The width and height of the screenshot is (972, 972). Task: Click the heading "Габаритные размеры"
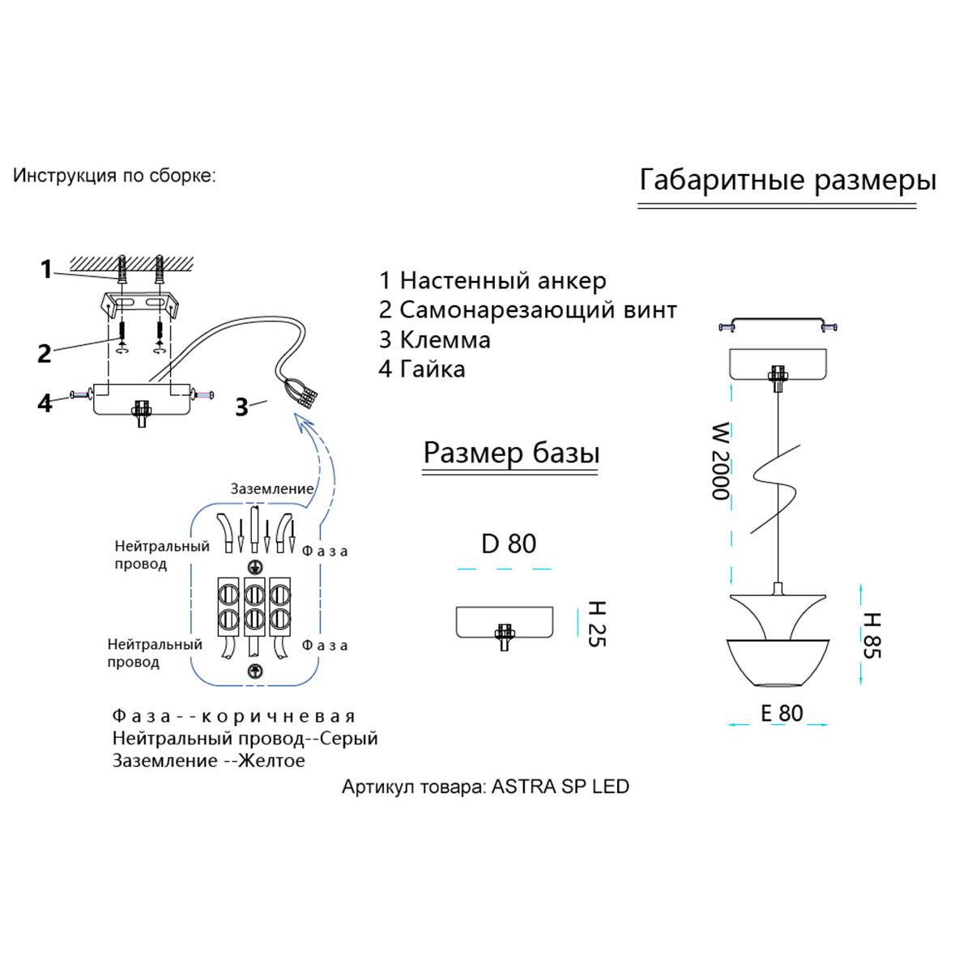pos(787,180)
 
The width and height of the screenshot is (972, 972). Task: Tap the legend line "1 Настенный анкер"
pos(492,281)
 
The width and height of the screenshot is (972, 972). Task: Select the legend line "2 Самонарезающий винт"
pos(527,310)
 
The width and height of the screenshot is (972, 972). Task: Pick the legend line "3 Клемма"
pos(434,339)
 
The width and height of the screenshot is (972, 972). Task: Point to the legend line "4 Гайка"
pos(421,369)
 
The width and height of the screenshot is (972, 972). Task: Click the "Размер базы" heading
pos(511,453)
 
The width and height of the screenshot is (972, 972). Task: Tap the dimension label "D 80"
pos(509,544)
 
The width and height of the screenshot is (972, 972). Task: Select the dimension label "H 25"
pos(596,624)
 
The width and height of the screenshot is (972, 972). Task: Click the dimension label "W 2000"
pos(720,461)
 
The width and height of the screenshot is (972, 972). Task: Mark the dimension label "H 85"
pos(871,635)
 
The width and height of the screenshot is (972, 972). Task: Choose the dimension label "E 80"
pos(782,713)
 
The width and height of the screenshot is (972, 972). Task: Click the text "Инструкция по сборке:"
pos(114,176)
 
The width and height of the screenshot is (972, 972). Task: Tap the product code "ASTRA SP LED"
pos(561,787)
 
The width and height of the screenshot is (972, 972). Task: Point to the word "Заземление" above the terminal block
pos(271,489)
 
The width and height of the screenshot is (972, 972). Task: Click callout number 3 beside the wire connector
pos(241,407)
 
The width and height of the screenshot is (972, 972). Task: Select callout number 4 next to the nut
pos(45,403)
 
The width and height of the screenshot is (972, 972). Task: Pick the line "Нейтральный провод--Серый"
pos(245,739)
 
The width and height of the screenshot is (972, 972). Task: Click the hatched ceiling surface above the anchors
pos(132,262)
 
